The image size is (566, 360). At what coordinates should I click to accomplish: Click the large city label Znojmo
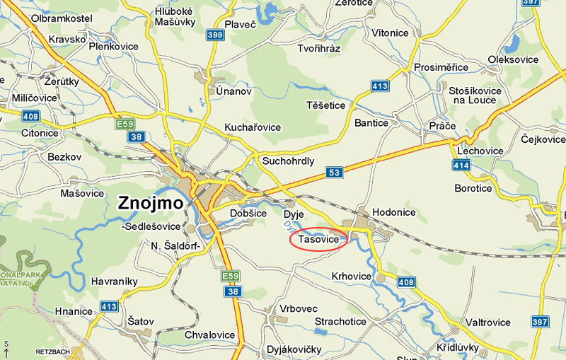[149, 204]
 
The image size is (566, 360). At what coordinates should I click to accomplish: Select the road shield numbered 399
[216, 35]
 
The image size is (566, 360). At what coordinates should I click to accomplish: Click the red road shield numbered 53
[334, 173]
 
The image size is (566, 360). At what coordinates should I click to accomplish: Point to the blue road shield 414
[461, 165]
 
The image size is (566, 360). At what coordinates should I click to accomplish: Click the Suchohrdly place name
[288, 161]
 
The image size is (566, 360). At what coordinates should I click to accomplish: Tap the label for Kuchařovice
[253, 127]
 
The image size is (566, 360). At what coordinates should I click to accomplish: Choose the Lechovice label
[480, 151]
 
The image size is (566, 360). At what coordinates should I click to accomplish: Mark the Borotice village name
[473, 188]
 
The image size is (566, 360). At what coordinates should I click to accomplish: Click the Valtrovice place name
[487, 323]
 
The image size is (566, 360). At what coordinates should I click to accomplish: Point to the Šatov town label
[140, 321]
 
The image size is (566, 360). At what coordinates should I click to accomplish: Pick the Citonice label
[40, 133]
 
